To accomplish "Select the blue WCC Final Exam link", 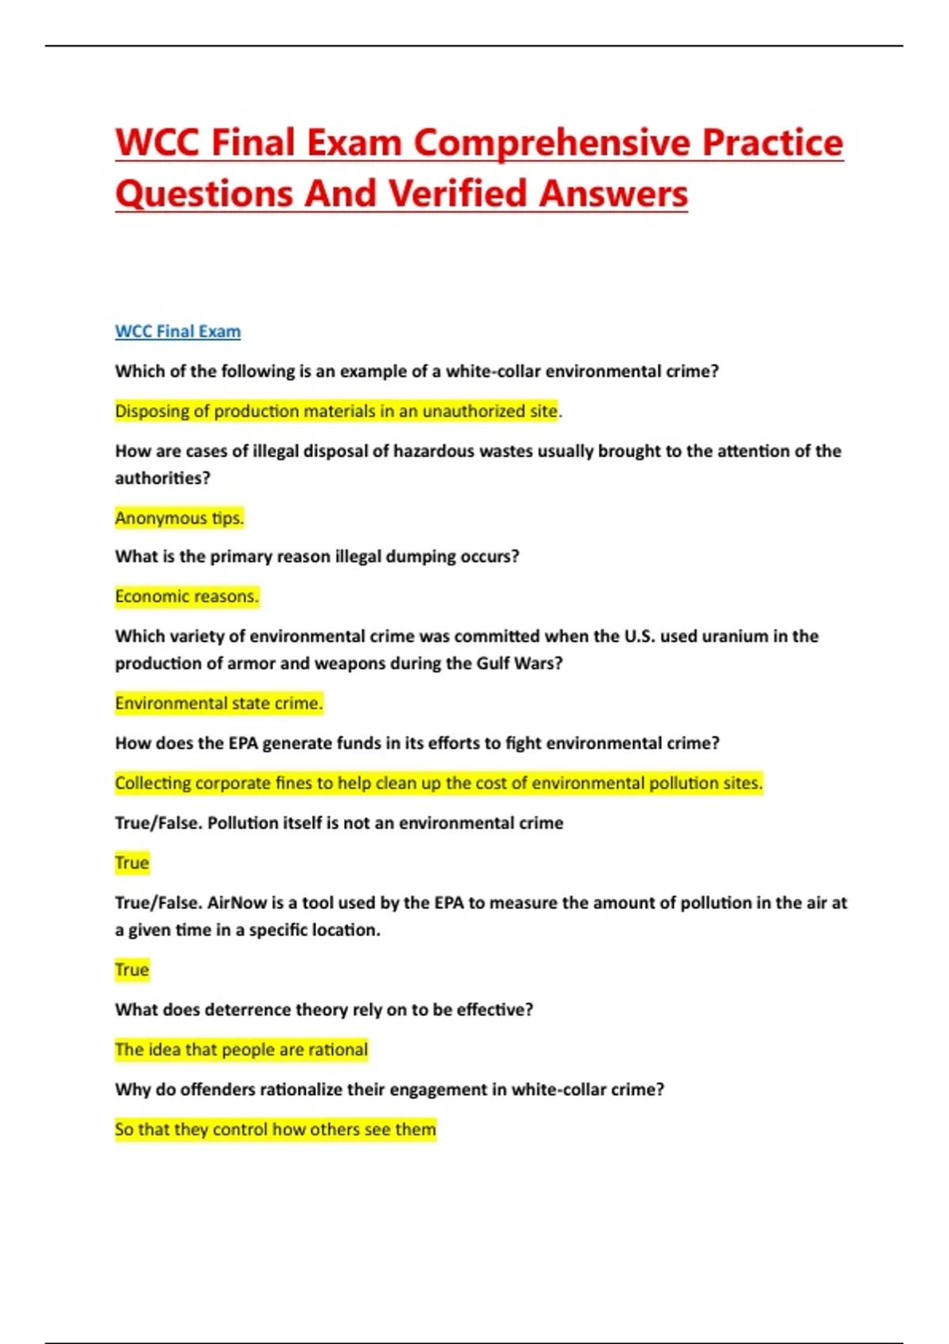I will [178, 331].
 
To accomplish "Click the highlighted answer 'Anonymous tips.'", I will [180, 518].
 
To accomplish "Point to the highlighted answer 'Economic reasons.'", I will [187, 596].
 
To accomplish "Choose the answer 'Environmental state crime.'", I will [219, 703].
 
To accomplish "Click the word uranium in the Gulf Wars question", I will [732, 636].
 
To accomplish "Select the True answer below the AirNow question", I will [132, 970].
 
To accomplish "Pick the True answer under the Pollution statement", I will [132, 863].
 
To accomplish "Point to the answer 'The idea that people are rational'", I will [241, 1050].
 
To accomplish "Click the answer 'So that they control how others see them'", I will [275, 1129].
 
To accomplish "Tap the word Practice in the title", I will [773, 143].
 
